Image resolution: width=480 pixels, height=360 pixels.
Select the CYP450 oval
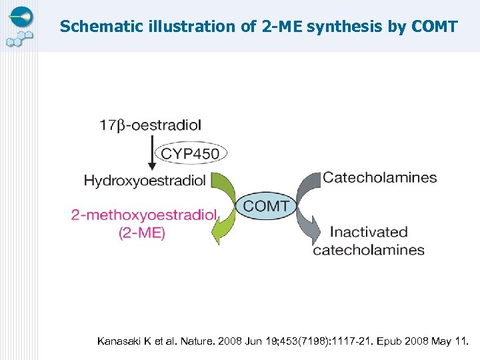pyautogui.click(x=190, y=154)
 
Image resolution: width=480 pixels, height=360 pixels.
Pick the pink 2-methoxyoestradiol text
pyautogui.click(x=144, y=215)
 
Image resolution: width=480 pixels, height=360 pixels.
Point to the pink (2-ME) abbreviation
pyautogui.click(x=141, y=233)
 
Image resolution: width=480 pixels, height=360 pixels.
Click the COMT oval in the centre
pyautogui.click(x=266, y=206)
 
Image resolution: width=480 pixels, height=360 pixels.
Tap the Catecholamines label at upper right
pyautogui.click(x=379, y=178)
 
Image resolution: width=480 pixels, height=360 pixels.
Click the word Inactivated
pyautogui.click(x=369, y=232)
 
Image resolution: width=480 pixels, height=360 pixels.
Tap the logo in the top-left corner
pyautogui.click(x=20, y=25)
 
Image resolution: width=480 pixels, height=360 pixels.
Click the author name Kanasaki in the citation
pyautogui.click(x=121, y=341)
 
